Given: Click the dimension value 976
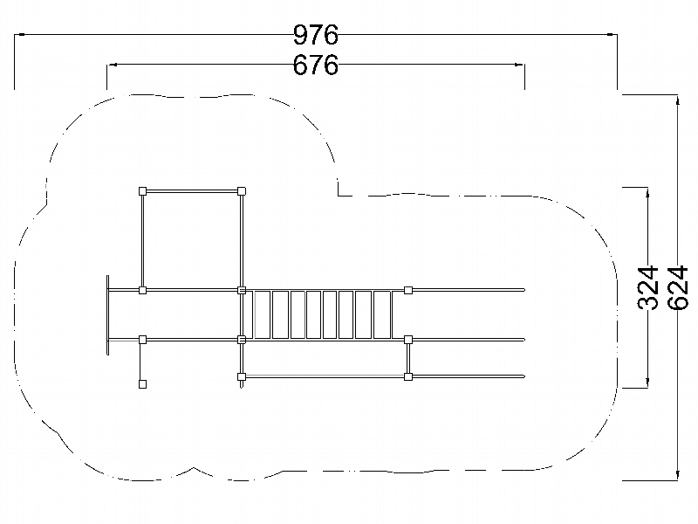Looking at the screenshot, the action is [x=316, y=35].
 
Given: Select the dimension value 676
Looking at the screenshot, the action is [x=316, y=65].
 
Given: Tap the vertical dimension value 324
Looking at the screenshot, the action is [x=647, y=287].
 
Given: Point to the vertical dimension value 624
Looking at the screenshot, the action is [x=678, y=287].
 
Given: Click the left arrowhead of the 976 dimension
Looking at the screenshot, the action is [x=19, y=34].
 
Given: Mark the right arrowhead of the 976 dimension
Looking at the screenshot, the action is [x=612, y=34].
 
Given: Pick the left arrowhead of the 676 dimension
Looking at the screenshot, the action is [x=112, y=65].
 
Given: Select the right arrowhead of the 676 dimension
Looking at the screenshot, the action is [x=519, y=65].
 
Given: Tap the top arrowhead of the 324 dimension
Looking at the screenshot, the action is [x=647, y=192].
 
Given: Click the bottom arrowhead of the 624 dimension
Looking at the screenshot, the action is [x=678, y=476].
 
